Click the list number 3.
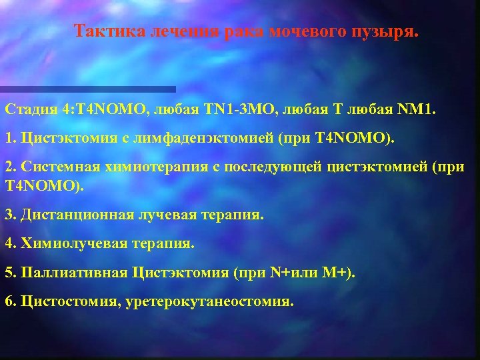(x=9, y=215)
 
